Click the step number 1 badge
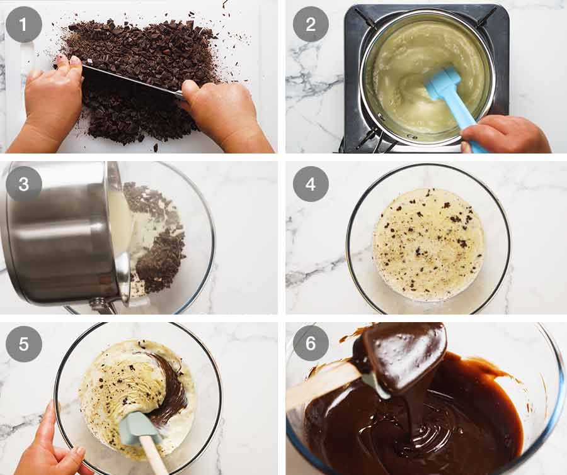pyautogui.click(x=24, y=25)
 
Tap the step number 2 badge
pyautogui.click(x=311, y=25)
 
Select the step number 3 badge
pyautogui.click(x=24, y=184)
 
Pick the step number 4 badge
pyautogui.click(x=311, y=184)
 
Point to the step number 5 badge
pyautogui.click(x=24, y=344)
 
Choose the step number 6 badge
pyautogui.click(x=311, y=344)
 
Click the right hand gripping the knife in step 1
pyautogui.click(x=220, y=113)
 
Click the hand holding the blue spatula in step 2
pyautogui.click(x=504, y=133)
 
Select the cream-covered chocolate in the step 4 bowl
pyautogui.click(x=428, y=242)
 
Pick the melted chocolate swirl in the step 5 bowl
pyautogui.click(x=167, y=390)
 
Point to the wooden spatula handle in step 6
pyautogui.click(x=318, y=387)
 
